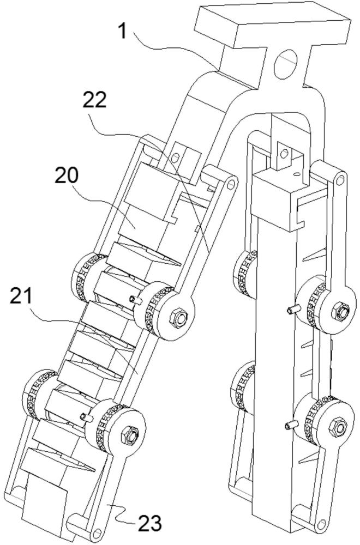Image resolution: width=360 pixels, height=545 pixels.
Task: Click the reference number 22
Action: click(x=95, y=101)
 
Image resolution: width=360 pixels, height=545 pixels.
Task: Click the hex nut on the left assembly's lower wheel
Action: click(x=132, y=434)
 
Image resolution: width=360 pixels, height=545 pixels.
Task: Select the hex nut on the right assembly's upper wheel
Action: click(x=340, y=311)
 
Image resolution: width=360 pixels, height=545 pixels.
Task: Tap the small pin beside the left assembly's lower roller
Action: click(x=85, y=417)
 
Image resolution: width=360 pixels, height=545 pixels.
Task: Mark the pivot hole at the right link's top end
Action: click(x=340, y=179)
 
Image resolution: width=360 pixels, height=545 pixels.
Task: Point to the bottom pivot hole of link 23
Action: click(x=98, y=532)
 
